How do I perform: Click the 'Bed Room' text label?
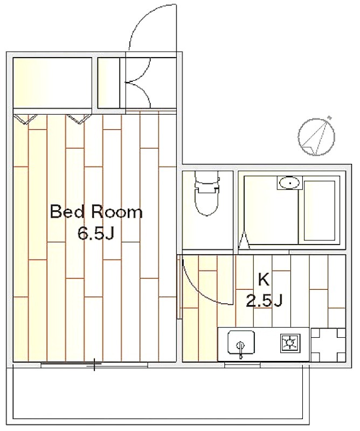(x=96, y=212)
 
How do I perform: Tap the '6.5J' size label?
(x=95, y=234)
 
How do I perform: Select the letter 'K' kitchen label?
(x=264, y=280)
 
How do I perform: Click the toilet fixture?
(x=207, y=193)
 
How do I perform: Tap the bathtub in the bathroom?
(x=320, y=211)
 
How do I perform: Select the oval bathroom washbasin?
(x=289, y=183)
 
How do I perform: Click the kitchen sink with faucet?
(x=241, y=343)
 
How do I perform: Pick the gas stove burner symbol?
(x=290, y=343)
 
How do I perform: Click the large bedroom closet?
(x=52, y=83)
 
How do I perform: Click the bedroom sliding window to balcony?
(x=94, y=365)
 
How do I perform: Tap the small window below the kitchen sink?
(x=243, y=365)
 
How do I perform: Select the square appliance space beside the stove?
(x=328, y=344)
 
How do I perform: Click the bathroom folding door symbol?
(x=245, y=241)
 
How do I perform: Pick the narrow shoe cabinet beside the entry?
(x=109, y=83)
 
